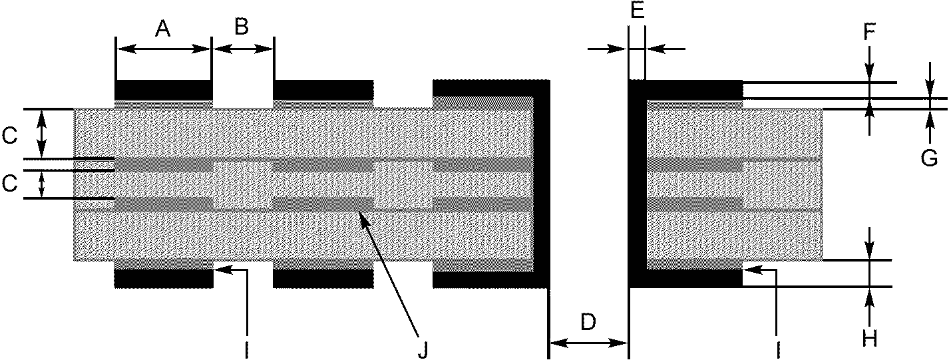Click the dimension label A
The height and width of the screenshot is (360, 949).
163,29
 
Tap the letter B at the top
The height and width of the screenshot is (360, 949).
242,27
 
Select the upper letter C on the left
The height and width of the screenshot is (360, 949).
9,136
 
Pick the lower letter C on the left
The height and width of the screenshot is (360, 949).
9,184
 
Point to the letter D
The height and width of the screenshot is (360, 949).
588,322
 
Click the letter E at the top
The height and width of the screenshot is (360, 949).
637,12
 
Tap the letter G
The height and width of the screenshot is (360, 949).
930,158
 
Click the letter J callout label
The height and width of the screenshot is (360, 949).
422,349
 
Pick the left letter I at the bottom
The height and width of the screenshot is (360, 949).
246,349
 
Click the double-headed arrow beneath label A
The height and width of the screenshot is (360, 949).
163,49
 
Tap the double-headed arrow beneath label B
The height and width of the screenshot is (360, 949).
242,49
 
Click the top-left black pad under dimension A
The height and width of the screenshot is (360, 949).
163,89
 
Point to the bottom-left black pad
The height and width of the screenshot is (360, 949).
163,278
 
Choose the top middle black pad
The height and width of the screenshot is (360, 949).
323,89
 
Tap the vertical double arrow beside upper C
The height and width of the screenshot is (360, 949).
42,134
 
